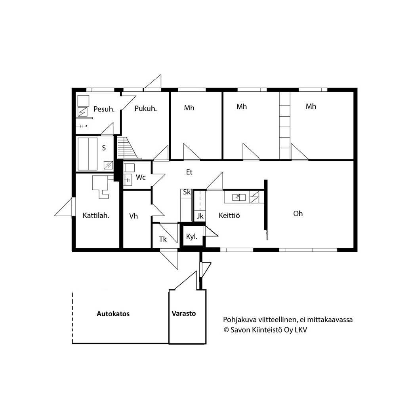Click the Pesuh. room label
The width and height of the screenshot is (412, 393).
[x=104, y=109]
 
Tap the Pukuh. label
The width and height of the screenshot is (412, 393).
[x=145, y=109]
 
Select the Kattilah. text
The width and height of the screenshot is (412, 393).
[x=96, y=215]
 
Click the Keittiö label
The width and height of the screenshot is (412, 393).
[x=229, y=215]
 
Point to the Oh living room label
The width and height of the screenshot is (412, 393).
[x=298, y=214]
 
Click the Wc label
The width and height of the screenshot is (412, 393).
[x=141, y=178]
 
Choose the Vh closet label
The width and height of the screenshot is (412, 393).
[x=134, y=216]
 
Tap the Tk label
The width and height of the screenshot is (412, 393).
[x=163, y=239]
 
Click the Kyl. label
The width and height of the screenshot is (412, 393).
[x=192, y=236]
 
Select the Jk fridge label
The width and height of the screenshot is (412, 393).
[x=200, y=216]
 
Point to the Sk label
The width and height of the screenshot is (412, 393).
[x=187, y=192]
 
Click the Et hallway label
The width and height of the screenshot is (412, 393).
[x=189, y=172]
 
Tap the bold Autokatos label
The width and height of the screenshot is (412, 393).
[x=113, y=314]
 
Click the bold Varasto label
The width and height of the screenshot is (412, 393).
[x=184, y=313]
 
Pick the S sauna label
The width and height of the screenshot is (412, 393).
[x=104, y=148]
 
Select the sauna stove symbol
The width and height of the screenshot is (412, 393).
[x=108, y=165]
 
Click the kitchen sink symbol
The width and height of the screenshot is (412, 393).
[x=239, y=197]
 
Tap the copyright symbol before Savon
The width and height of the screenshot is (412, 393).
[x=226, y=330]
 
